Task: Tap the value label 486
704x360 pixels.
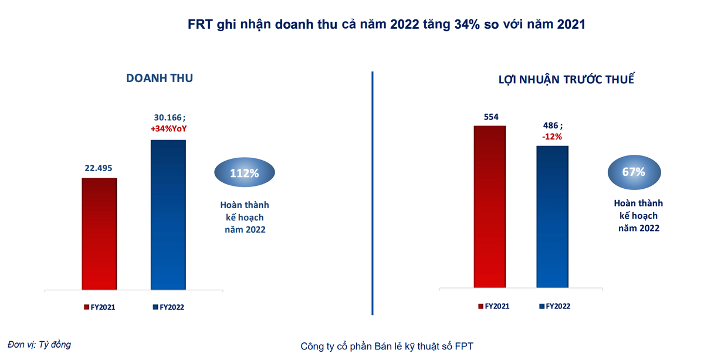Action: coord(550,125)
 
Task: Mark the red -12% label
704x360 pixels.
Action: coord(551,136)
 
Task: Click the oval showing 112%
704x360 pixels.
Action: coord(243,174)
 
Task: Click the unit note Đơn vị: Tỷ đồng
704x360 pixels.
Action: coord(39,345)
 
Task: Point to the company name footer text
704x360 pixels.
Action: coord(387,346)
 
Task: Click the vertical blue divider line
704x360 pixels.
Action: coord(373,193)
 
